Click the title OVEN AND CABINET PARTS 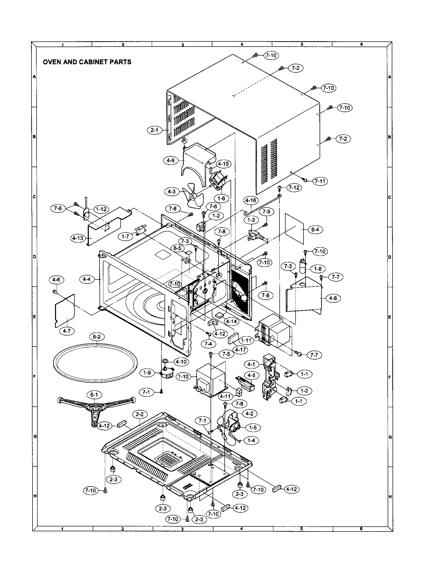[87, 62]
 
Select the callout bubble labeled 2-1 [154, 130]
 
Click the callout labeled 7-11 [320, 181]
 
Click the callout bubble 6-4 [315, 230]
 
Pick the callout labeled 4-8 [333, 298]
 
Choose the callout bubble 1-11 [246, 340]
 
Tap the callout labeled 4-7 [67, 331]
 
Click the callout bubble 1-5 [253, 428]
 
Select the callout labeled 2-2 [139, 415]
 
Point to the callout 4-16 [251, 200]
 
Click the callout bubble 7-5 [226, 354]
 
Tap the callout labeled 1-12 [101, 209]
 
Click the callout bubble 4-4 [86, 279]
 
